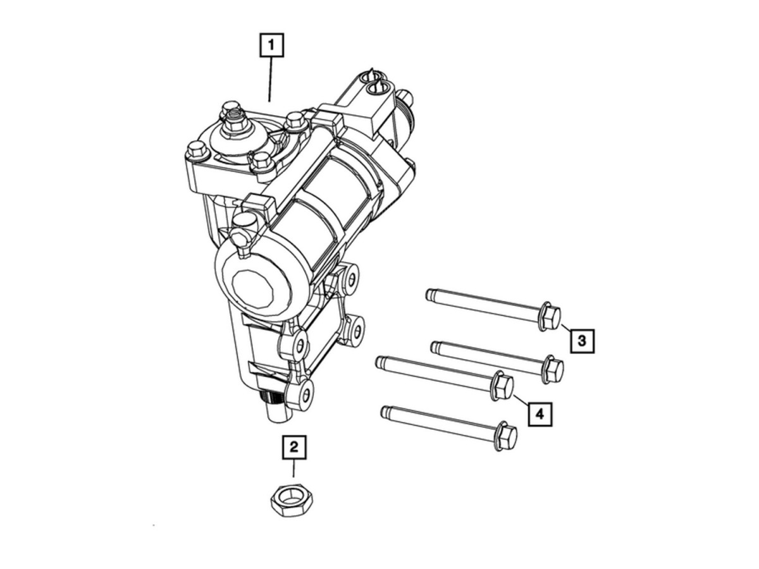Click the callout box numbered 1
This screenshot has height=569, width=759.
pyautogui.click(x=271, y=45)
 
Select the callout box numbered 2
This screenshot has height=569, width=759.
pyautogui.click(x=294, y=448)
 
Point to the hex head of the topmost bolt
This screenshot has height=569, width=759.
pyautogui.click(x=550, y=317)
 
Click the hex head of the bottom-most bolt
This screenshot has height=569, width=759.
pyautogui.click(x=506, y=436)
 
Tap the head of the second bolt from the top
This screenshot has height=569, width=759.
pyautogui.click(x=553, y=370)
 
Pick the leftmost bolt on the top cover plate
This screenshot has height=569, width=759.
pyautogui.click(x=197, y=151)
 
